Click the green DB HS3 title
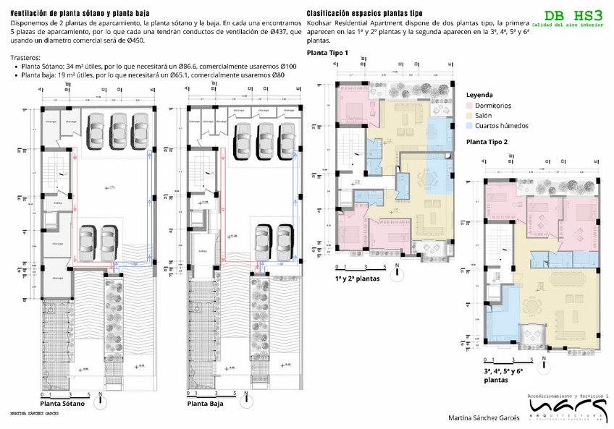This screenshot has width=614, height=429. pos(572,15)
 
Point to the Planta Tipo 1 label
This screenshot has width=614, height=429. pos(327,54)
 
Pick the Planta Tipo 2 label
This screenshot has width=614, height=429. pos(487,142)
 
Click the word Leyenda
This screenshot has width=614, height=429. pos(479,95)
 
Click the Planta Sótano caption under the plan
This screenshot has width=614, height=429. pos(63,404)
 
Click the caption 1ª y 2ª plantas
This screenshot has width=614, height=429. pos(358,278)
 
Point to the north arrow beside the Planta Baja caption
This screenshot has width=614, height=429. pos(245,397)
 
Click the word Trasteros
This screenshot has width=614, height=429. pos(27,56)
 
